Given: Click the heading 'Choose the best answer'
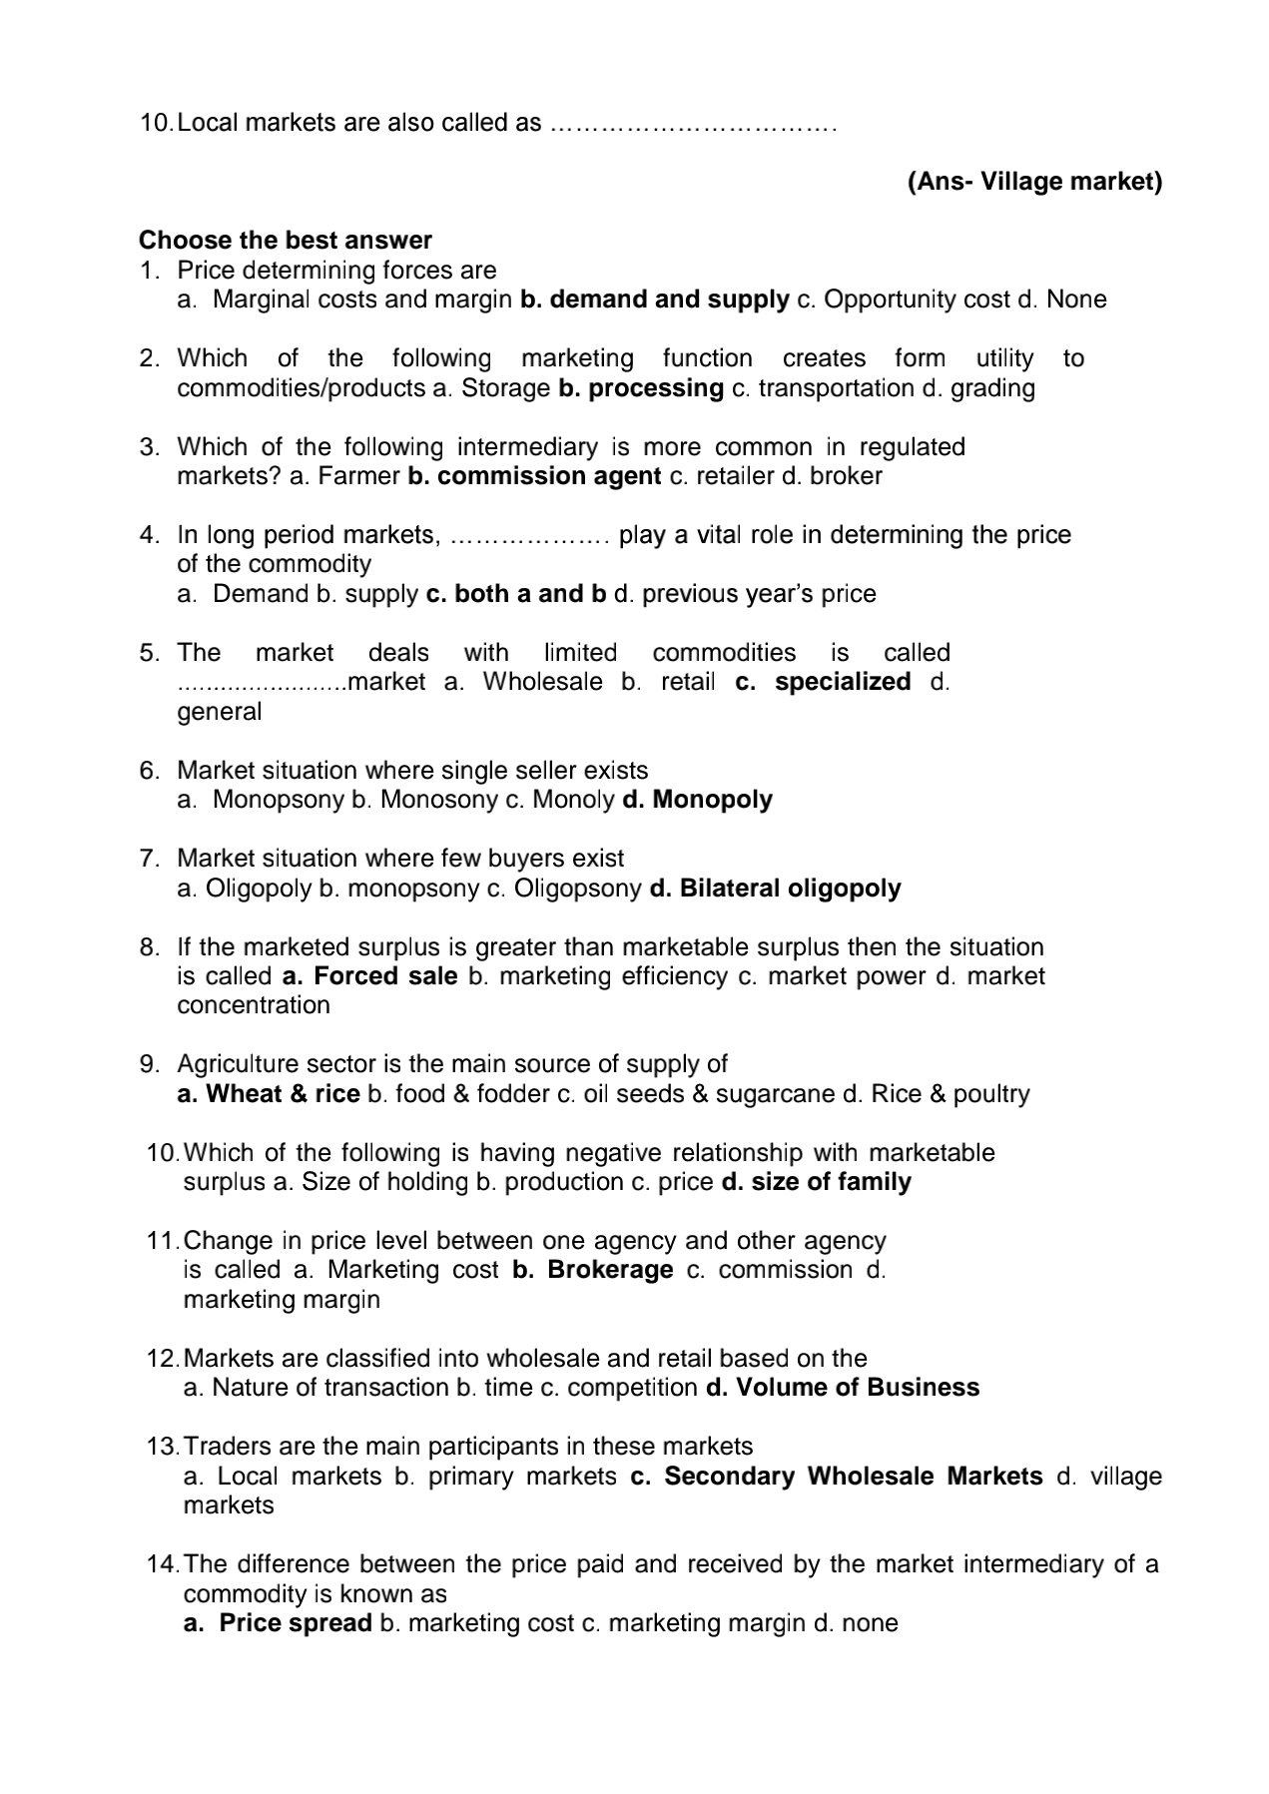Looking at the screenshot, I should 286,241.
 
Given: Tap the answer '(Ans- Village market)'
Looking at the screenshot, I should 1034,182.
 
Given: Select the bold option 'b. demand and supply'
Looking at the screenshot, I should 654,299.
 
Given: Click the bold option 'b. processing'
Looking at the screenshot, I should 641,387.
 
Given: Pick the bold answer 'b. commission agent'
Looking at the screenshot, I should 534,476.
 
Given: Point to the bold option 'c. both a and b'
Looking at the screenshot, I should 516,594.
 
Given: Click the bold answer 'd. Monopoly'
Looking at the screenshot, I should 697,800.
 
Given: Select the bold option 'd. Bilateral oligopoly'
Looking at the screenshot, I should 775,889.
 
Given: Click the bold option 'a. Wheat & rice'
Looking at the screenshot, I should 269,1094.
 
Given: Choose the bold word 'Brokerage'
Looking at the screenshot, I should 610,1270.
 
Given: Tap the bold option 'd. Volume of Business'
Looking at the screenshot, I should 843,1388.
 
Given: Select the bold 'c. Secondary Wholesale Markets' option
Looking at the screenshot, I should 837,1476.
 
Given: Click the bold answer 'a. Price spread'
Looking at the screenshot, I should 278,1623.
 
